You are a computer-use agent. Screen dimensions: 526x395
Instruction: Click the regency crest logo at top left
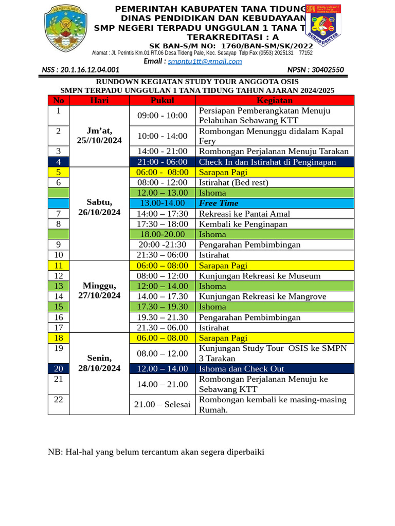tap(66, 29)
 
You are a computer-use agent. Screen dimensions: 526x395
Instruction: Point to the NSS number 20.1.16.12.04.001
tap(81, 70)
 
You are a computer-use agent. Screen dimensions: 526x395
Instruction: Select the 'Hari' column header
tap(99, 100)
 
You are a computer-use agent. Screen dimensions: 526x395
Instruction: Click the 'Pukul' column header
tap(162, 100)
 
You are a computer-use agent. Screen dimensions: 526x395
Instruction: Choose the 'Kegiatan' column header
tap(275, 100)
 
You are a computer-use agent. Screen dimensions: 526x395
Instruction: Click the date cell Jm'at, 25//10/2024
tap(99, 136)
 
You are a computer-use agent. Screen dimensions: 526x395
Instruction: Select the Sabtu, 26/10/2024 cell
tap(99, 207)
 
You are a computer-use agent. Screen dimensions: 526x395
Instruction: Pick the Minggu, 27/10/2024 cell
tap(99, 290)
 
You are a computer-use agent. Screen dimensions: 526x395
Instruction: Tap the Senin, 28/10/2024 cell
tap(99, 363)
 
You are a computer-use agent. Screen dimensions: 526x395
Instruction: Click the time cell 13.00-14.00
tap(162, 203)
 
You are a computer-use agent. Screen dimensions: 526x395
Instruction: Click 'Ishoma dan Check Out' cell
tap(241, 369)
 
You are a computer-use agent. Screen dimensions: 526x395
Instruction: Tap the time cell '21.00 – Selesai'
tap(162, 404)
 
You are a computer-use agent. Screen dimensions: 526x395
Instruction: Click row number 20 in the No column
tap(59, 369)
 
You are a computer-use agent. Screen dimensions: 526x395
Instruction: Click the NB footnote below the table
tap(156, 452)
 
